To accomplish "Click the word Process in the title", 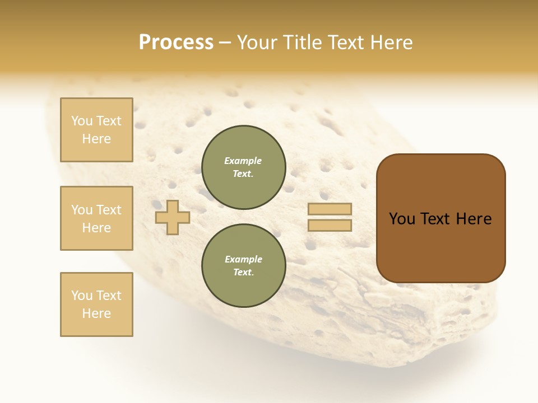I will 176,43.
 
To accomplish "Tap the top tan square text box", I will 96,130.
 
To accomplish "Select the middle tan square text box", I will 96,218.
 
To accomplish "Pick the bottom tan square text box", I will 96,304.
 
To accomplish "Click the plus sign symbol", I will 173,217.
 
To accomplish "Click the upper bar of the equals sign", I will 330,209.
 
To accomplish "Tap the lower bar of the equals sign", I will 330,226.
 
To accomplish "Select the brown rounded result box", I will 440,246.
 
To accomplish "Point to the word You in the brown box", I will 402,219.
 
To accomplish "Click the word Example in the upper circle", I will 243,161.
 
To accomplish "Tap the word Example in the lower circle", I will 243,259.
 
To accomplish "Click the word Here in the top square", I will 96,139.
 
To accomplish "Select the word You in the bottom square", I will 82,296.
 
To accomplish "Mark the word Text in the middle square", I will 108,210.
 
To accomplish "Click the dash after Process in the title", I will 225,43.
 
